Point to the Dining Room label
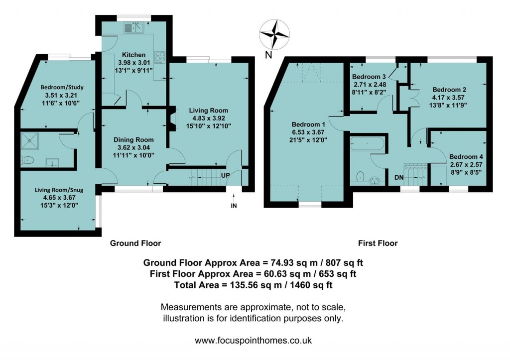(133, 139)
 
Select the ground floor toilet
(28, 161)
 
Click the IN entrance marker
(233, 205)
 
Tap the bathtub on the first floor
(367, 145)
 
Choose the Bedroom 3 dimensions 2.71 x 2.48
(370, 85)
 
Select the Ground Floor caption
(135, 243)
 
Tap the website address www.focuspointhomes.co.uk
(253, 341)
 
